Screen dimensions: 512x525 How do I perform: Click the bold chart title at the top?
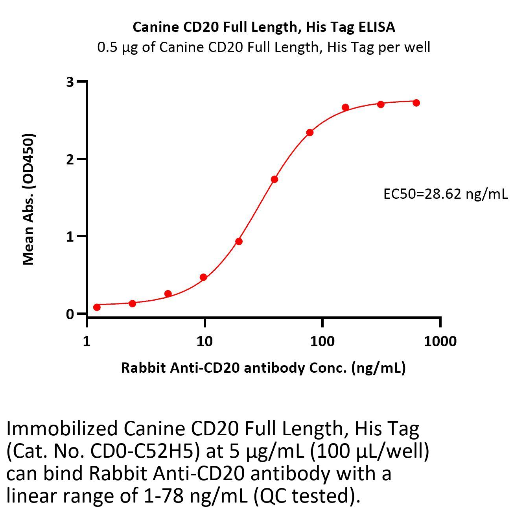[x=263, y=27]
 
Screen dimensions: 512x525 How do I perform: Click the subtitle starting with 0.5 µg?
[x=263, y=47]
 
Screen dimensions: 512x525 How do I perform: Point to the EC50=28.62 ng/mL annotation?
[x=445, y=194]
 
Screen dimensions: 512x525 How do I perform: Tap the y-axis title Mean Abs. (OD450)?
[x=28, y=199]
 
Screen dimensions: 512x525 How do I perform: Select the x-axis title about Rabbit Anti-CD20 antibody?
[x=263, y=368]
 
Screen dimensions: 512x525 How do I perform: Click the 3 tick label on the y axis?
[x=70, y=82]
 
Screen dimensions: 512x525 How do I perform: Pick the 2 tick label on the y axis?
[x=70, y=159]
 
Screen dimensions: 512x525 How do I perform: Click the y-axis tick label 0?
[x=70, y=314]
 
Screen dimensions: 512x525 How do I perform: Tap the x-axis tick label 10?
[x=204, y=341]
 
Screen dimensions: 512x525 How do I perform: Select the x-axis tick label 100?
[x=322, y=341]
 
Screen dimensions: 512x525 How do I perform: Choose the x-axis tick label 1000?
[x=440, y=341]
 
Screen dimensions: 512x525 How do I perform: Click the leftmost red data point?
[x=97, y=307]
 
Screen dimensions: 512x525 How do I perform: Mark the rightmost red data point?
[x=416, y=103]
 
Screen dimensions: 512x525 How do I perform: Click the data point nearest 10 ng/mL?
[x=203, y=277]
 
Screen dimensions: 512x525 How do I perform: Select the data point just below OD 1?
[x=239, y=241]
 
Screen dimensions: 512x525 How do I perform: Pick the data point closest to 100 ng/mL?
[x=310, y=133]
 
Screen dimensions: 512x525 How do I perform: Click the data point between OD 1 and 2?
[x=274, y=179]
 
